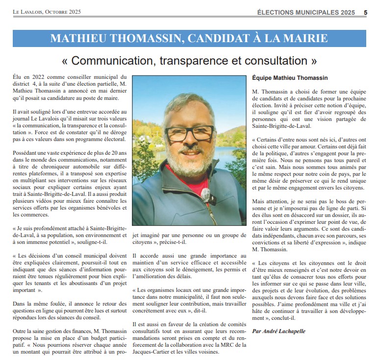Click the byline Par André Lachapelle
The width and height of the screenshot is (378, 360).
pos(278,331)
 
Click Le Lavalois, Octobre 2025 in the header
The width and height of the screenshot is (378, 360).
pos(47,12)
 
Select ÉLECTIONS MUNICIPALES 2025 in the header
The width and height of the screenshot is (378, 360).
pos(305,12)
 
